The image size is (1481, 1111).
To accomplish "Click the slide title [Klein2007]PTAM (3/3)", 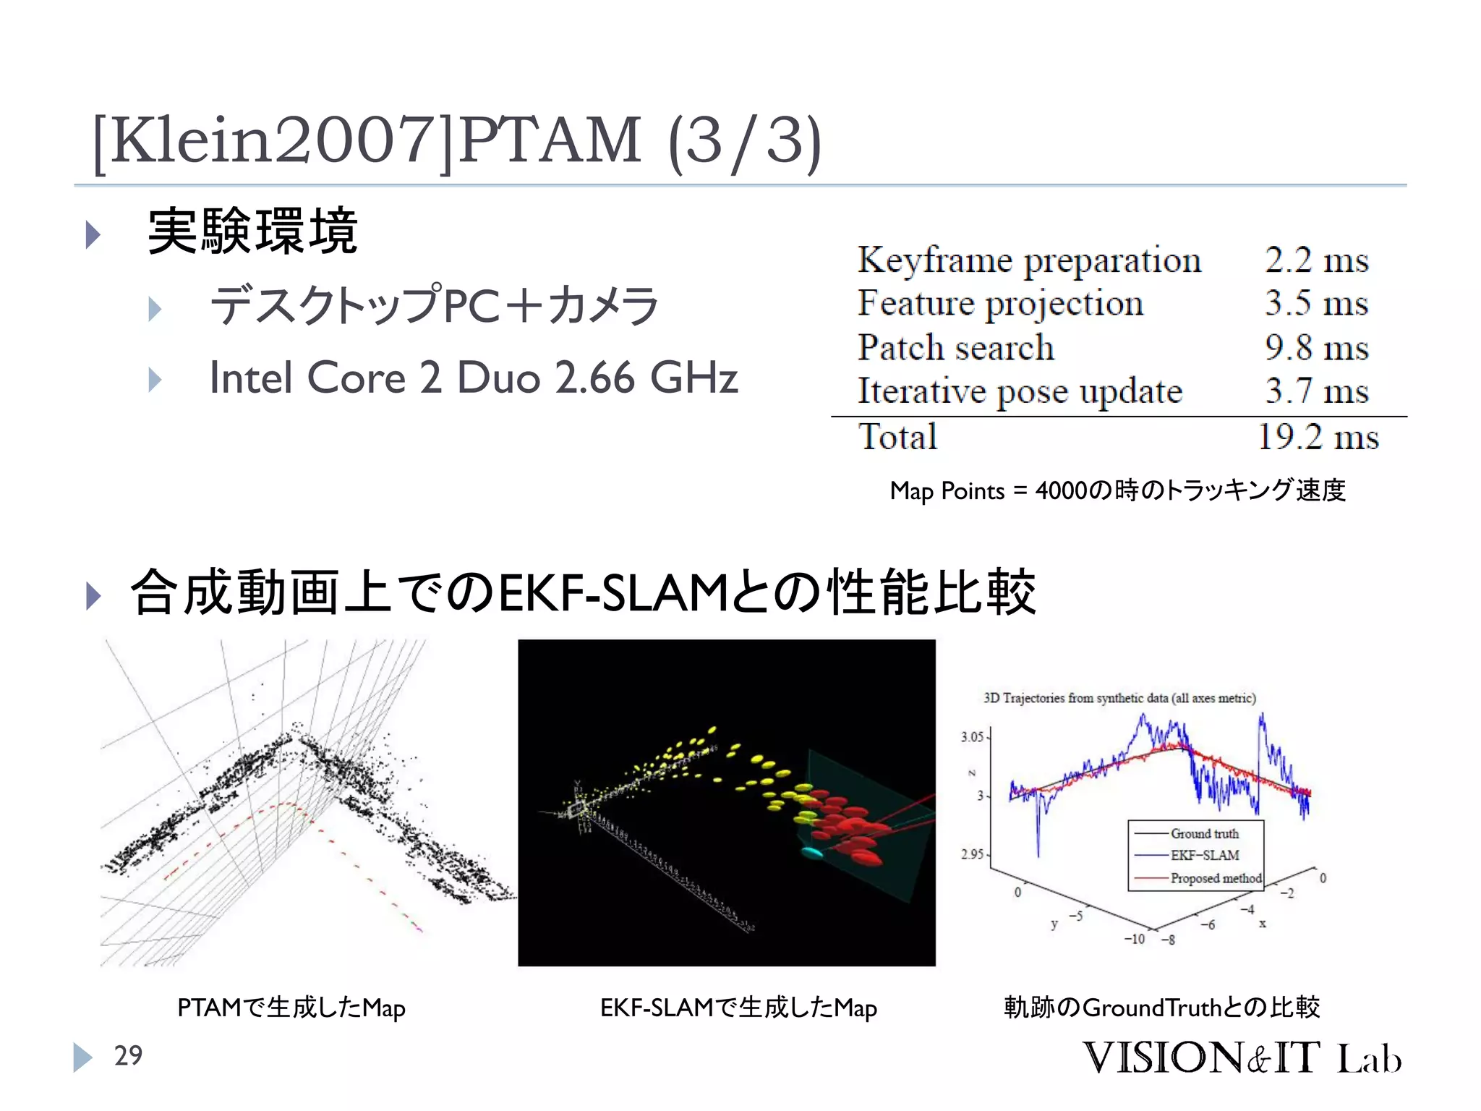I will [x=457, y=140].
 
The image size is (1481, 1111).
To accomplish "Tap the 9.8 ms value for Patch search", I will [x=1316, y=348].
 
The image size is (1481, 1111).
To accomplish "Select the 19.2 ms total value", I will [x=1318, y=437].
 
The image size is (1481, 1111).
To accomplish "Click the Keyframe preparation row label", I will [x=1029, y=260].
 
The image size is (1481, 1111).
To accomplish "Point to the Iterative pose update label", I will [x=1020, y=392].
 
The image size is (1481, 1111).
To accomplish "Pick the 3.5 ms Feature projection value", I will [x=1316, y=303].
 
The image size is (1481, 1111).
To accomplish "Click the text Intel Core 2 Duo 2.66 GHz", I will [x=474, y=378].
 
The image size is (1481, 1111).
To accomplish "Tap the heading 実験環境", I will [x=252, y=231].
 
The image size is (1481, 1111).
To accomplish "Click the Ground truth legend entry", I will [x=1204, y=834].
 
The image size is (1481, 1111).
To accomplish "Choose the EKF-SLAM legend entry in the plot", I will [x=1205, y=856].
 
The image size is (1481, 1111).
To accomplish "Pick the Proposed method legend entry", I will [x=1216, y=878].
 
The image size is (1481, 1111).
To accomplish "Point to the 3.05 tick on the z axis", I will [x=972, y=737].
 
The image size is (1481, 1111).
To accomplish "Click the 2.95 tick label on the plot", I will [x=972, y=854].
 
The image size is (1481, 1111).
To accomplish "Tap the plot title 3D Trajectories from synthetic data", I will [x=1119, y=698].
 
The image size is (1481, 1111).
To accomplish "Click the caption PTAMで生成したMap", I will [x=291, y=1008].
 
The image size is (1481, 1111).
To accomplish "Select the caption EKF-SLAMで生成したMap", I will [x=738, y=1008].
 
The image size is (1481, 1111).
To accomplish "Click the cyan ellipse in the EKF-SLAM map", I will [x=813, y=853].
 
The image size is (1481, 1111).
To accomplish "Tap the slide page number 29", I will [x=128, y=1056].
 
